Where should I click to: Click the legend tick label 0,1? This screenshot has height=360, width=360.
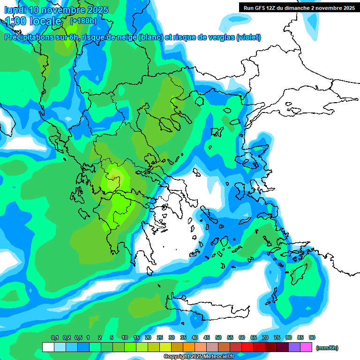coord(55,337)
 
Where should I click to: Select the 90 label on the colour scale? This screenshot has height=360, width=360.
coord(312,337)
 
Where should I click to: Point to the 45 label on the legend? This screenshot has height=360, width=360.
coord(207,337)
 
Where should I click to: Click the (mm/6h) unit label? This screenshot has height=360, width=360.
coord(327,348)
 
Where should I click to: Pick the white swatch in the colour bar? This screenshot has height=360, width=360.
coord(48,347)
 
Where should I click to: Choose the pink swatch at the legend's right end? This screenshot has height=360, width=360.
coord(306,347)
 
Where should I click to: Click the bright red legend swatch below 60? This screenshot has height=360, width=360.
coord(247,347)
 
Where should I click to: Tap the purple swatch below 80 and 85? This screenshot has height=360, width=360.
coord(294,347)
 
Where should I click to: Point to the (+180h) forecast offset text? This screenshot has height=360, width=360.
coord(83,21)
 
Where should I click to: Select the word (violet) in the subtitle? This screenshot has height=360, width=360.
coord(248,37)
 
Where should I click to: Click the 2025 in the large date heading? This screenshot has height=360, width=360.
coord(96,10)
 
